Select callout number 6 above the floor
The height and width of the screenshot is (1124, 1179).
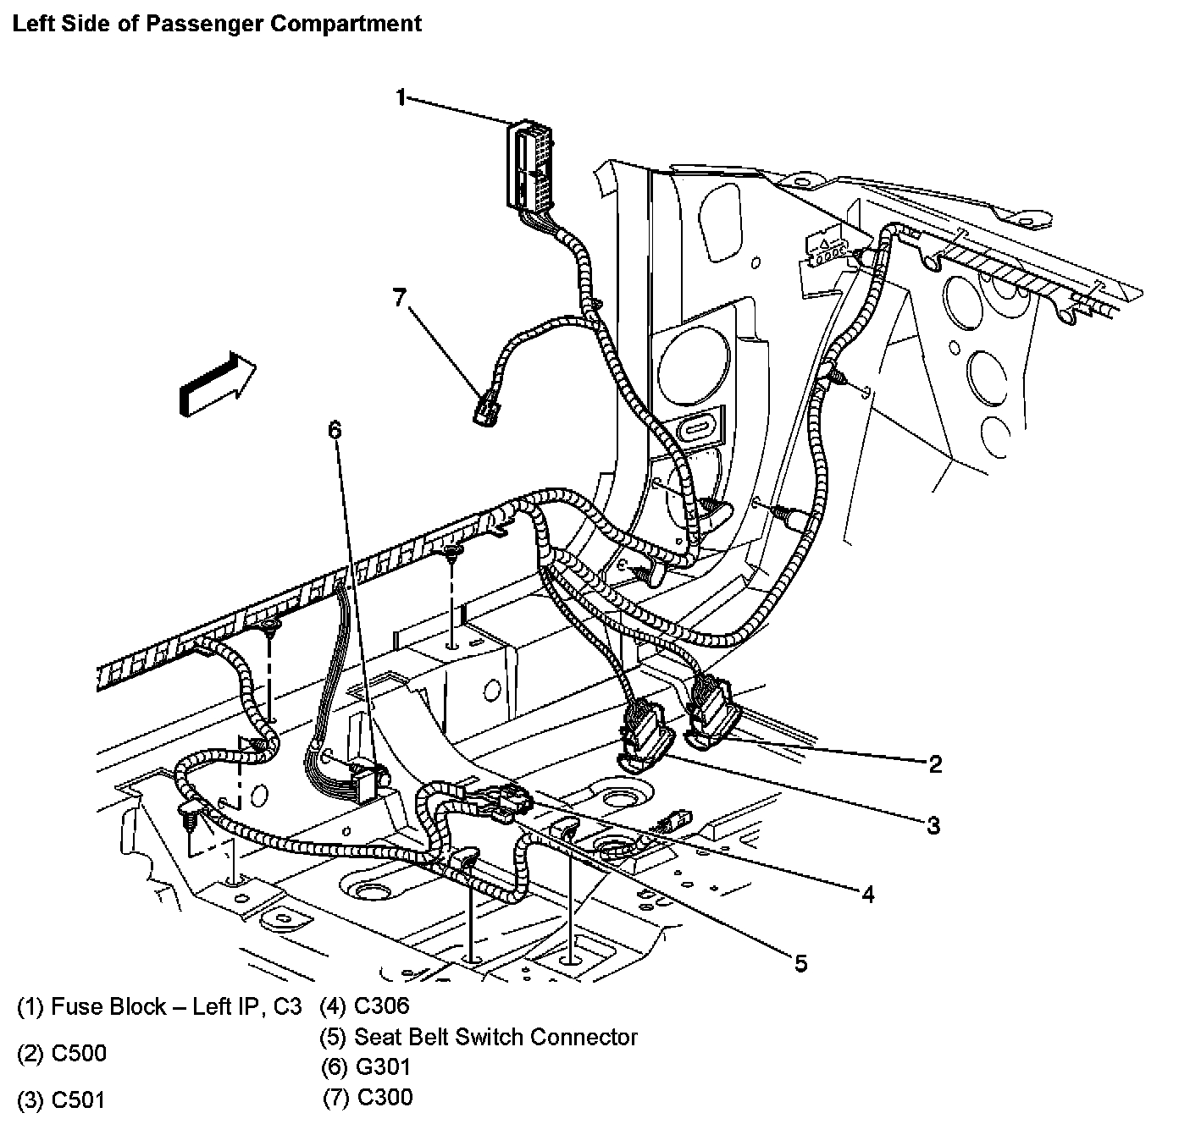coord(335,431)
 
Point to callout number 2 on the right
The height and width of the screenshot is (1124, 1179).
coord(935,764)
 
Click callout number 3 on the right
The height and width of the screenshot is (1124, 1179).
coord(933,825)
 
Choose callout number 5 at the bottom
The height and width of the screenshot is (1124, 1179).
coord(800,962)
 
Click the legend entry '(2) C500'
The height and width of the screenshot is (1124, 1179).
coord(62,1054)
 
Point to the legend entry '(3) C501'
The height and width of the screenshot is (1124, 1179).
coord(62,1100)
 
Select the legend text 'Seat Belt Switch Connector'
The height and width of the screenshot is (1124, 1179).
coord(495,1036)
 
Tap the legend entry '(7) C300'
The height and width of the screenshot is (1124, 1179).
coord(368,1098)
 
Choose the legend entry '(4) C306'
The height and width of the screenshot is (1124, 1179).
coord(365,1006)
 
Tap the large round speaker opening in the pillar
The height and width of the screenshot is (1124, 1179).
coord(693,369)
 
